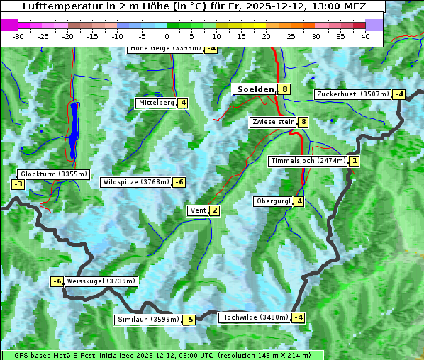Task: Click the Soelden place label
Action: coord(255,89)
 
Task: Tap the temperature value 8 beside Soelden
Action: coord(284,89)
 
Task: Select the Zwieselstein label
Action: coord(273,122)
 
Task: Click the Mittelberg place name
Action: coord(156,103)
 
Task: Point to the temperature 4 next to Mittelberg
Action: coord(183,103)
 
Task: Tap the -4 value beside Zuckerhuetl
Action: coord(399,94)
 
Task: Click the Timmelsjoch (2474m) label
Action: coord(308,161)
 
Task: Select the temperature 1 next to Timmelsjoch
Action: coord(355,161)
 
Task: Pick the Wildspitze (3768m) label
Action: coord(136,182)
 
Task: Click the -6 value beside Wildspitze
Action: coord(179,182)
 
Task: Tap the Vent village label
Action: coord(198,210)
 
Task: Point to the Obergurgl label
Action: coord(273,201)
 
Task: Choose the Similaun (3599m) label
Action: coord(147,320)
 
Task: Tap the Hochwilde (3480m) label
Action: coord(255,317)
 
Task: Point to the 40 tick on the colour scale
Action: coord(365,36)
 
